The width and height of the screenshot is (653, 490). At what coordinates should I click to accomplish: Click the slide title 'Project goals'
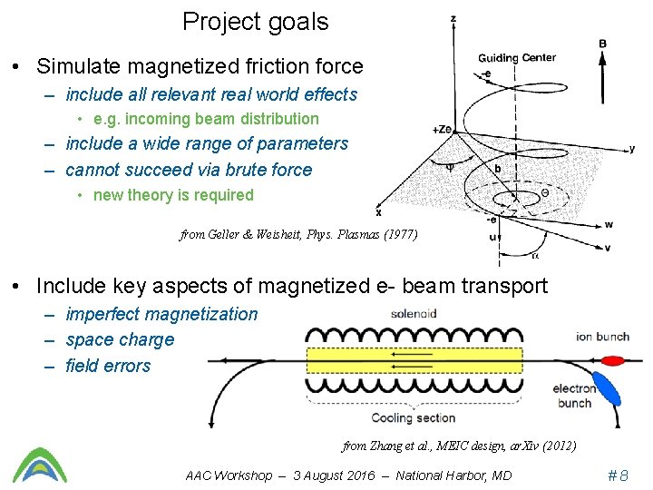click(x=255, y=22)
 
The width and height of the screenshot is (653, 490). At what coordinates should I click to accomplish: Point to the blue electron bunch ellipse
click(x=607, y=389)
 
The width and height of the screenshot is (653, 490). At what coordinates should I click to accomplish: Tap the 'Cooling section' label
click(x=413, y=418)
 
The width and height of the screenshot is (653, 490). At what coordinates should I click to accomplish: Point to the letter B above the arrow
click(x=603, y=43)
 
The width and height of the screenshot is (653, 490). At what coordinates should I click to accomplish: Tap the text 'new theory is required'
click(x=173, y=195)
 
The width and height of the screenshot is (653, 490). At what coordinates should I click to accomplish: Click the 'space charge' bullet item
click(x=120, y=339)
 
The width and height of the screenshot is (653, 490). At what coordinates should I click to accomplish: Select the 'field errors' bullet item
click(x=108, y=366)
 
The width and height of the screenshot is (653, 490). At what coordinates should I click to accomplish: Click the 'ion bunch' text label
click(x=602, y=337)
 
